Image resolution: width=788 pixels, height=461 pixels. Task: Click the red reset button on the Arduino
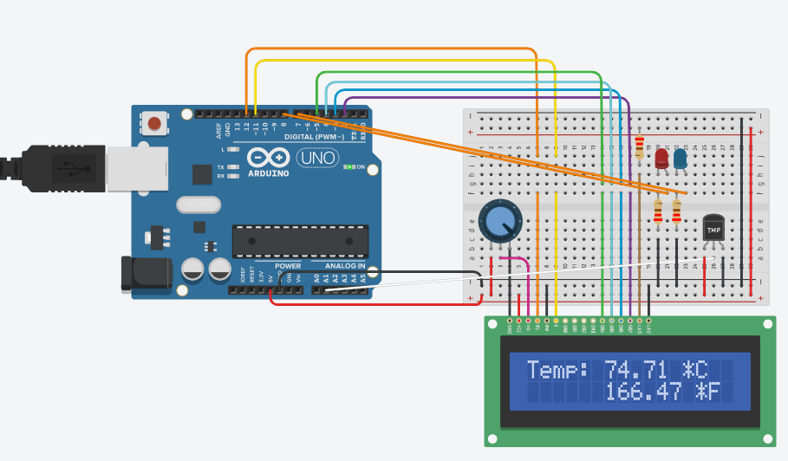(154, 123)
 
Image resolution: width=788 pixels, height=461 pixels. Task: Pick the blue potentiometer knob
(498, 220)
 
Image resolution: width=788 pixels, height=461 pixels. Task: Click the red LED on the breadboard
(661, 159)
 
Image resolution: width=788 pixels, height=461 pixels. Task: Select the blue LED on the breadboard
(681, 159)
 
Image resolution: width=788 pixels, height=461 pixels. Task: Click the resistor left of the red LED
(640, 146)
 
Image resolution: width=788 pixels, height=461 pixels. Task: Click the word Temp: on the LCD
(557, 369)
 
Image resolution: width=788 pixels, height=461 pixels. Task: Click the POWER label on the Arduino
(288, 266)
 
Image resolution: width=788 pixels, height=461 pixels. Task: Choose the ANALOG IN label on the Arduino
(345, 266)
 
